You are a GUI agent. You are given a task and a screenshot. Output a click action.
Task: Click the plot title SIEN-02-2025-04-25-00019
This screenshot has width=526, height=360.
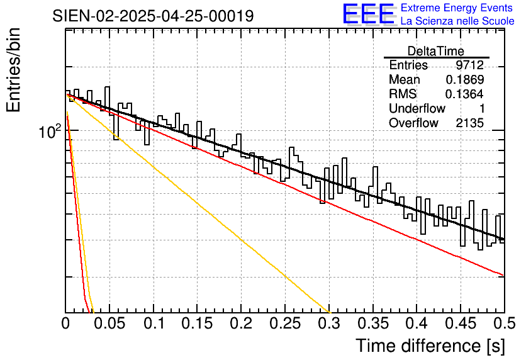pos(153,16)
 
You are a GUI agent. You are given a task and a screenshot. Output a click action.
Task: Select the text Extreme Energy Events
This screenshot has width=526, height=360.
pos(457,8)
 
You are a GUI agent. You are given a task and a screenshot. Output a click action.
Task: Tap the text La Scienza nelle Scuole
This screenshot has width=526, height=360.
pos(457,21)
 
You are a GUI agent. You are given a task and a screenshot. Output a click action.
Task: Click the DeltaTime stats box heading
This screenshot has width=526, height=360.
pos(436,51)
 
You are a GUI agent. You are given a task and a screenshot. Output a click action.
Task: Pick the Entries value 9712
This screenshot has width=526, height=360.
pos(469,65)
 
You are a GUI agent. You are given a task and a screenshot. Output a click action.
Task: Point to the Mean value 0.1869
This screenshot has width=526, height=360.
pos(464,80)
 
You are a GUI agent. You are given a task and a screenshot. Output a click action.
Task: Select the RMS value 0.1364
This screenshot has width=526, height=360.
pos(464,94)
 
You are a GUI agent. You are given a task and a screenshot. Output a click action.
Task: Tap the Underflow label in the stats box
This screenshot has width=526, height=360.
pos(417,109)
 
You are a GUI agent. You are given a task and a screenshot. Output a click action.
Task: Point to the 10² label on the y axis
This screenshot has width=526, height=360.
pos(49,132)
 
